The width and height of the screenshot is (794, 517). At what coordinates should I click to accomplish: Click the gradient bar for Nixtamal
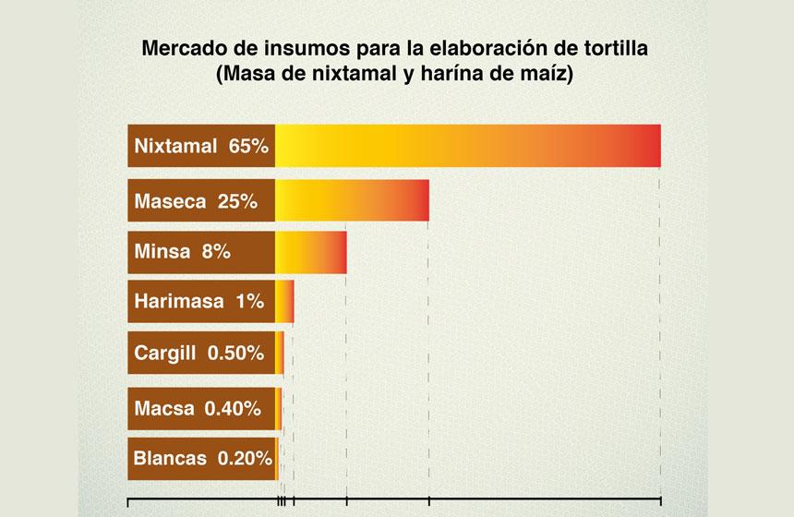[x=467, y=145]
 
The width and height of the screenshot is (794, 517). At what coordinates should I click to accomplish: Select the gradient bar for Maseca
[x=352, y=199]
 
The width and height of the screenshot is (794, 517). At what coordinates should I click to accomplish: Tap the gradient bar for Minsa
[x=310, y=252]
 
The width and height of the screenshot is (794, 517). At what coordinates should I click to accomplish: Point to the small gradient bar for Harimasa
[x=284, y=302]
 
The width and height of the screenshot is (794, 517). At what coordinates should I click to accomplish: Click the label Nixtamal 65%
[x=201, y=146]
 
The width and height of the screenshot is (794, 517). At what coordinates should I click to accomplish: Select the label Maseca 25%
[x=201, y=200]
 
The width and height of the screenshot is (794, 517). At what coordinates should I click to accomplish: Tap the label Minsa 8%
[x=201, y=252]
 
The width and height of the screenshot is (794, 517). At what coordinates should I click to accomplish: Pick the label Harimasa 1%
[x=201, y=301]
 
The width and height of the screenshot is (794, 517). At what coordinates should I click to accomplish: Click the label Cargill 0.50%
[x=201, y=353]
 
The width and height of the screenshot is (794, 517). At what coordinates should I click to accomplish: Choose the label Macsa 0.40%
[x=201, y=408]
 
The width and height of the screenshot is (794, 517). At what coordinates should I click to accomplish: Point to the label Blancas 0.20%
[x=201, y=457]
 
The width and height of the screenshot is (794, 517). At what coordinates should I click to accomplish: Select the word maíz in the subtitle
[x=551, y=74]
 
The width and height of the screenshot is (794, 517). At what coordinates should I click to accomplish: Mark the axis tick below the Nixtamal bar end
[x=660, y=501]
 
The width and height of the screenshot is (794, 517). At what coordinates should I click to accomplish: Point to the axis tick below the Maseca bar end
[x=429, y=501]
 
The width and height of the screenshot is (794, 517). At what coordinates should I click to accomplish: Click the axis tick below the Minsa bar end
[x=346, y=501]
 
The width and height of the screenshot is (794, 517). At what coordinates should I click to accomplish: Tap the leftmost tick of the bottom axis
[x=127, y=501]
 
